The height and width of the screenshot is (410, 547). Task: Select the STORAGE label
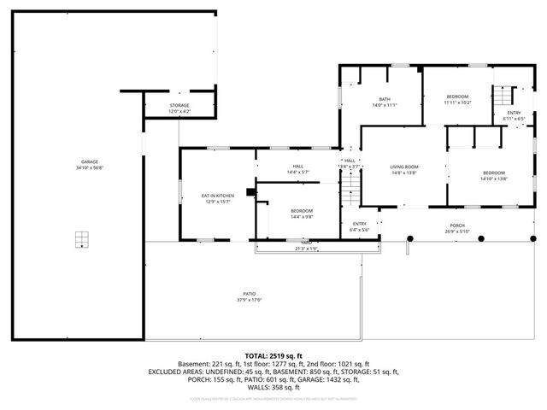click(x=179, y=106)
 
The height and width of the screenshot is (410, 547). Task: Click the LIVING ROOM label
click(x=403, y=167)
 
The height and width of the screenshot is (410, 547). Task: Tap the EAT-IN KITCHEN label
click(x=218, y=196)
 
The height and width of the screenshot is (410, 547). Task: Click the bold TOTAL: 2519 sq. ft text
click(x=273, y=355)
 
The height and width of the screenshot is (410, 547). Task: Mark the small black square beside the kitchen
click(x=250, y=191)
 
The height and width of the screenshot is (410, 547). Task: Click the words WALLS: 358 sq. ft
click(x=273, y=387)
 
